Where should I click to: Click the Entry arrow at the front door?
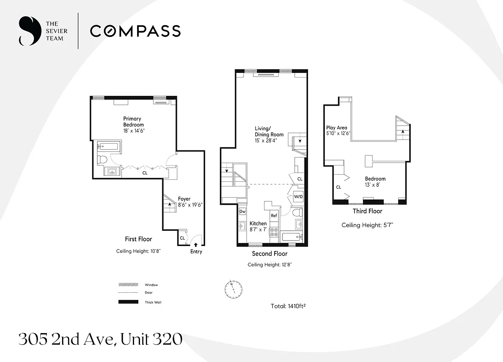tap(196, 245)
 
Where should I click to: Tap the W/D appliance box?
tap(298, 197)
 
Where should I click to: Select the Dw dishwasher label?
tap(242, 212)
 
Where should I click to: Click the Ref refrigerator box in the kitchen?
tap(274, 216)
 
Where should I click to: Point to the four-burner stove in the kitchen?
tap(274, 232)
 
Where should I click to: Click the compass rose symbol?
tap(233, 289)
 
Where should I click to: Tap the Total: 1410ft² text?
tap(288, 306)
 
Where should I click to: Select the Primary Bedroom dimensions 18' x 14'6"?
tap(134, 131)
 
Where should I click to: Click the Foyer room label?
tap(184, 199)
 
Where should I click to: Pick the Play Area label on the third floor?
tap(337, 127)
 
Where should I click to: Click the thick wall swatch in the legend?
tap(128, 302)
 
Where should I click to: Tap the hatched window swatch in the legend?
tap(128, 284)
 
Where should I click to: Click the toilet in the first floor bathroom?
tap(102, 160)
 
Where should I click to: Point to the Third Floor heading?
tap(367, 211)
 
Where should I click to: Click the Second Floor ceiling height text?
tap(270, 265)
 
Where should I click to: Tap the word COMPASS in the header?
tap(135, 31)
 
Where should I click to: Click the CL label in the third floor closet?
tap(338, 187)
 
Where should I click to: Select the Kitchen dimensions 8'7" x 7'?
tap(258, 230)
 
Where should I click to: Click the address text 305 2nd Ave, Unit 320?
tap(100, 339)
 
